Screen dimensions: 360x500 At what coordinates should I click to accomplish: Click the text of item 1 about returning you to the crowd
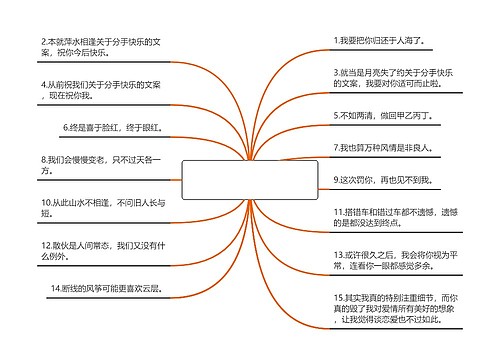[x=384, y=41]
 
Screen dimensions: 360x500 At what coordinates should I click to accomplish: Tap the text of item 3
[x=395, y=79]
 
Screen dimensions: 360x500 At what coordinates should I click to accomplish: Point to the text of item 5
[x=384, y=116]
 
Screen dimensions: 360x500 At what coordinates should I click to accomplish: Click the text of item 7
[x=384, y=147]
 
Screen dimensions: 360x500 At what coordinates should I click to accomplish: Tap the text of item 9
[x=384, y=179]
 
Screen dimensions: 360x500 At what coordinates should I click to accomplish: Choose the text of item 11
[x=395, y=219]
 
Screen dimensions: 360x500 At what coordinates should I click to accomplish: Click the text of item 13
[x=395, y=261]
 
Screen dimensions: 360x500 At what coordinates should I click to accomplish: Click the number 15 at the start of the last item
[x=339, y=298]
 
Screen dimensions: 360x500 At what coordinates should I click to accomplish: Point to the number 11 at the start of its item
[x=339, y=213]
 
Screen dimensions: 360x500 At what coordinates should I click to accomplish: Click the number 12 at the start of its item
[x=47, y=244]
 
